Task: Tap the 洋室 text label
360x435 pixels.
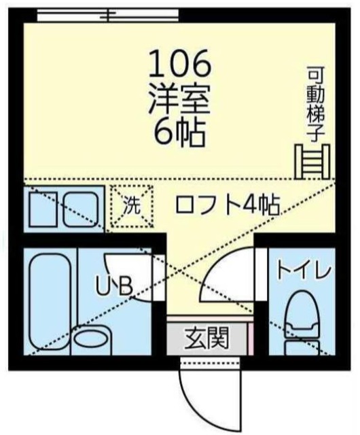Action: tap(180, 101)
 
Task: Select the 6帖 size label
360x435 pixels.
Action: tap(180, 133)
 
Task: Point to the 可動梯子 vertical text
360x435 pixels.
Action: tap(315, 102)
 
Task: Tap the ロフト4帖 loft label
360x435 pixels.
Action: tap(227, 205)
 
